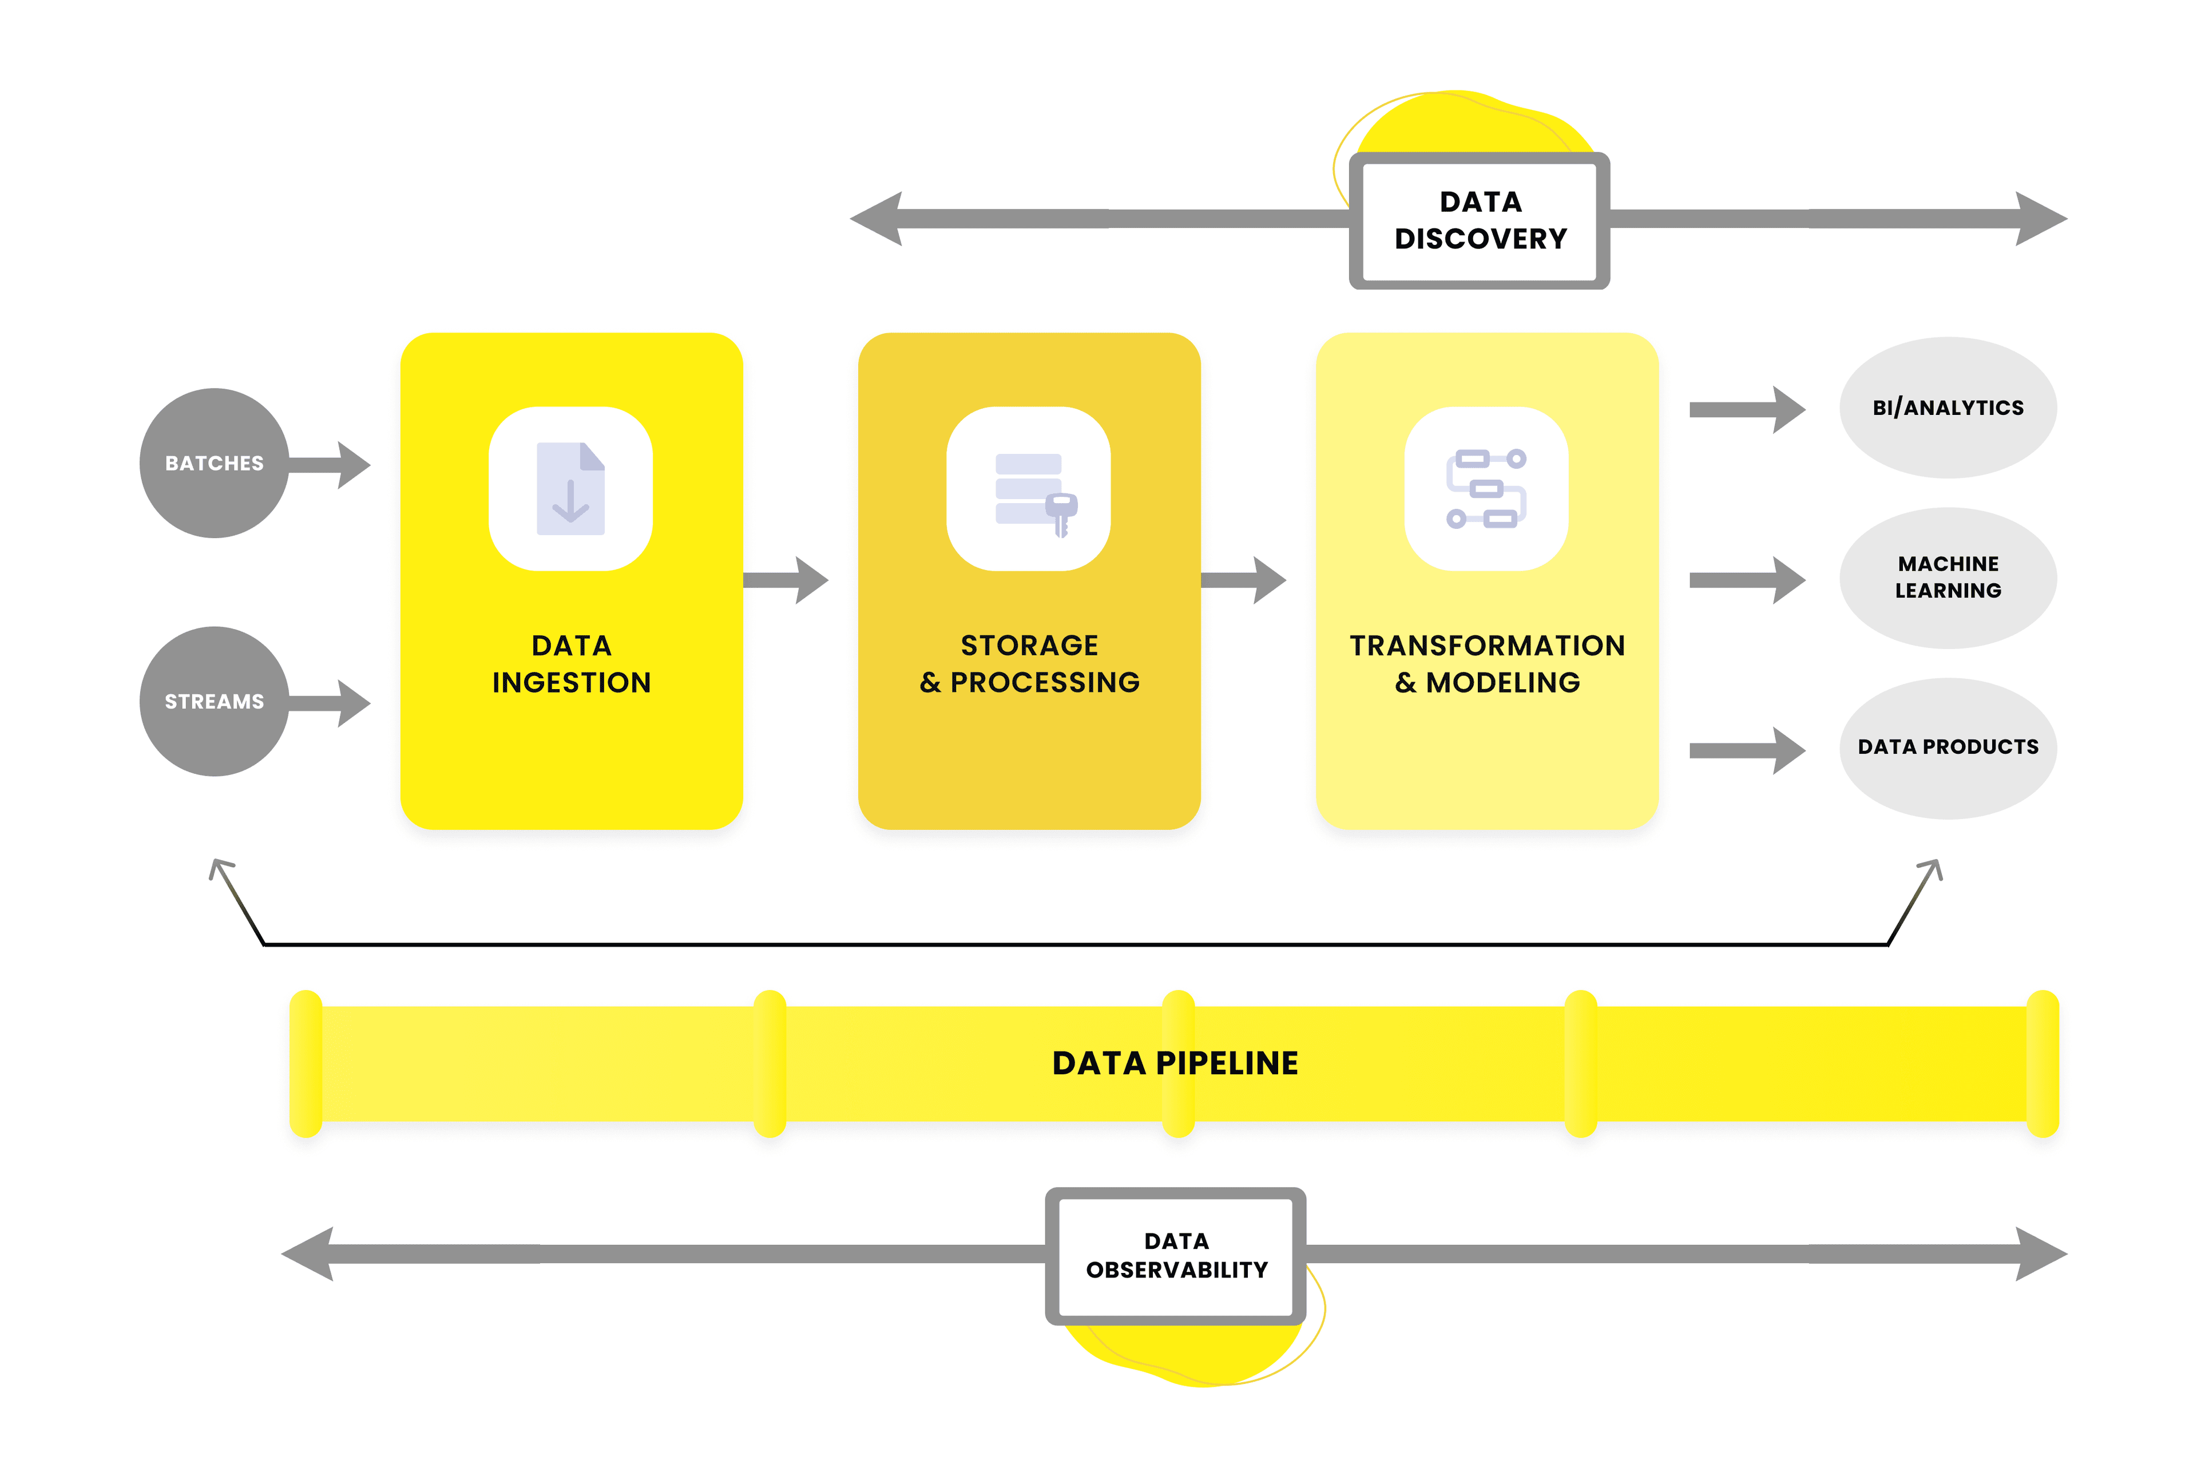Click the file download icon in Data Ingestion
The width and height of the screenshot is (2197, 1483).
point(570,489)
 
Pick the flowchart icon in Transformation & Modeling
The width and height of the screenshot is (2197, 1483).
point(1486,489)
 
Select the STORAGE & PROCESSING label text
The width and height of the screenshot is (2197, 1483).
point(1029,664)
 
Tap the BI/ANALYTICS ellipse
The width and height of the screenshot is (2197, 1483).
point(1948,408)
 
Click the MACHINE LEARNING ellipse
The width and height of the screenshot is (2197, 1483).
point(1948,577)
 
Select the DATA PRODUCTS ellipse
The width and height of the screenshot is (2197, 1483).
point(1948,747)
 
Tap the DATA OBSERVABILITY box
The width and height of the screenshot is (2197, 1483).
point(1176,1255)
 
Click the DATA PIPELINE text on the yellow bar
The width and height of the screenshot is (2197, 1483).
point(1175,1063)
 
